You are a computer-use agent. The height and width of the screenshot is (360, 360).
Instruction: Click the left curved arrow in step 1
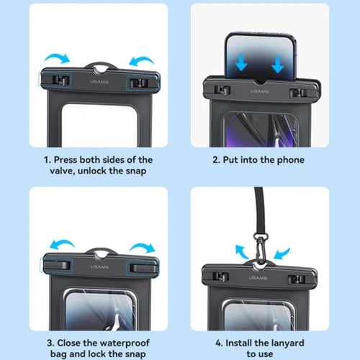58,58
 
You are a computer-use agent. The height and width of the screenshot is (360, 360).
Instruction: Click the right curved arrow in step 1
141,60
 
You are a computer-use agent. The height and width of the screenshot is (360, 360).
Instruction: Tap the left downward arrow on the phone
241,63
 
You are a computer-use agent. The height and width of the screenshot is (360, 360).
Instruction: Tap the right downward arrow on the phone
278,65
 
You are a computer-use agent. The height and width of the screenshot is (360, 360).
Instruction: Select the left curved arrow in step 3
61,244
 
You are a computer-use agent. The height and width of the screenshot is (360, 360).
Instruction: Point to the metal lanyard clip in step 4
260,247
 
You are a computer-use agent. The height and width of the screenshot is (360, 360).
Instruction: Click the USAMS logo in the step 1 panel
99,82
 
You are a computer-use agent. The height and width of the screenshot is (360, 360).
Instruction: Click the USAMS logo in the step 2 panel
260,91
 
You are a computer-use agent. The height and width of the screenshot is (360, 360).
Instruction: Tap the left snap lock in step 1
60,80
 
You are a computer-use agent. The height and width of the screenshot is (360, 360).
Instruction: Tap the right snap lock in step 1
138,84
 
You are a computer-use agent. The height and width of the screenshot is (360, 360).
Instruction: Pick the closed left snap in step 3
58,265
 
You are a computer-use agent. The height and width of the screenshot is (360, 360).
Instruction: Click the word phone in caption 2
291,160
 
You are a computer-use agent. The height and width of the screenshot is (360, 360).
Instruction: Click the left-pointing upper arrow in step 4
242,252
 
